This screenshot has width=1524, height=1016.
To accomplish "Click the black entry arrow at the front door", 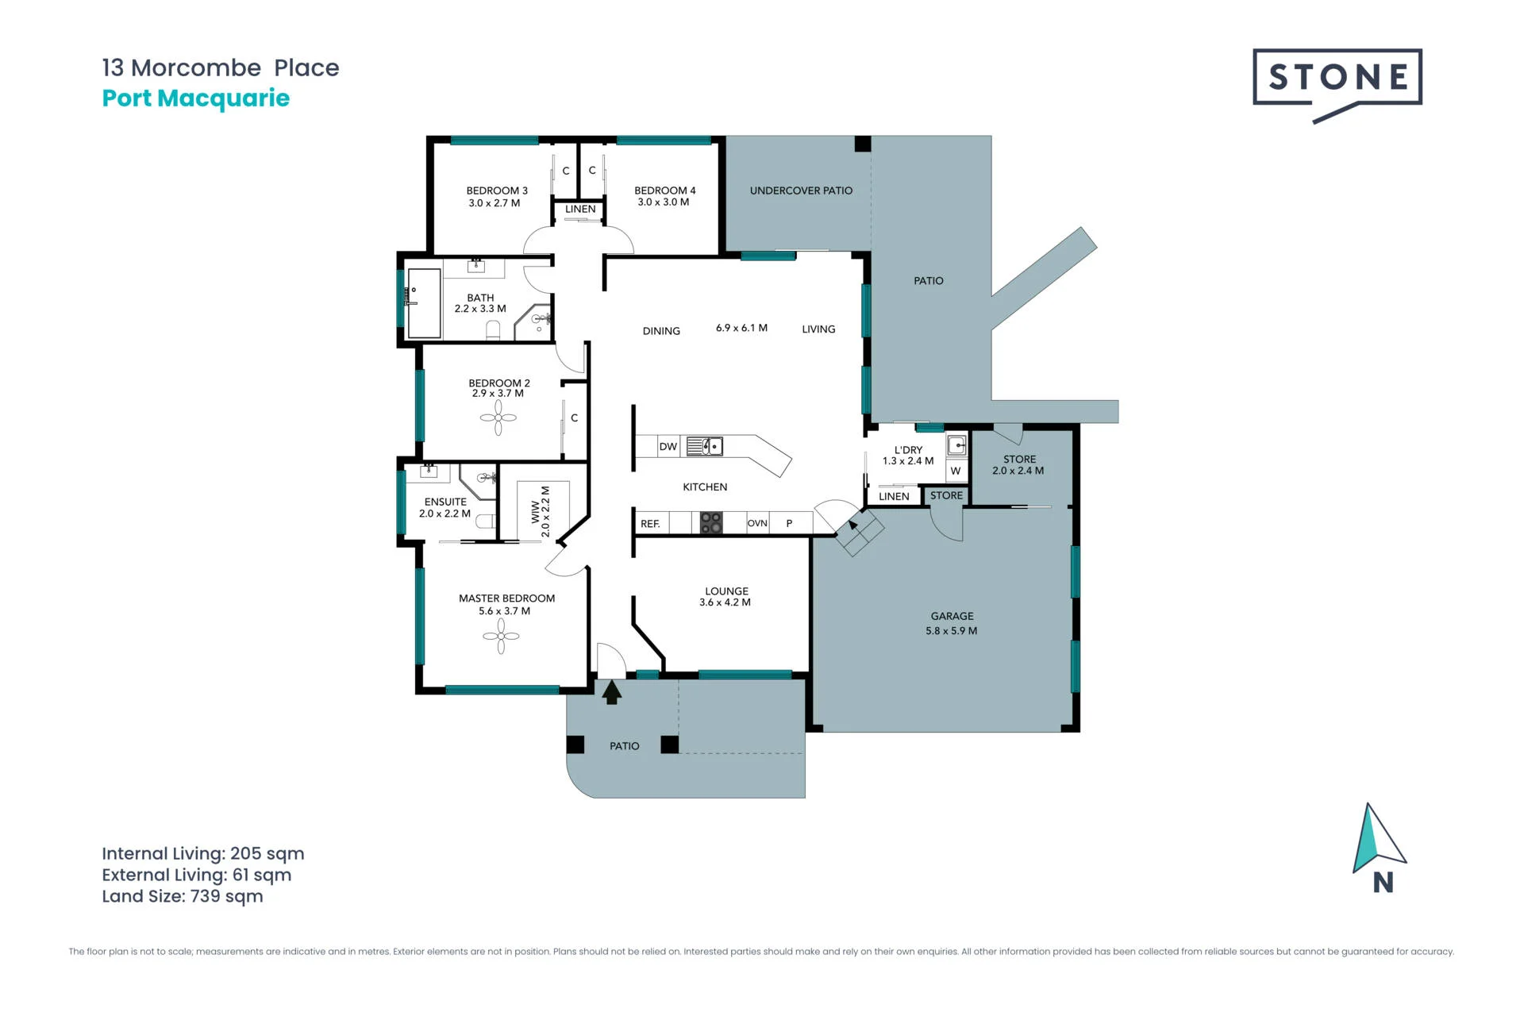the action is click(611, 692).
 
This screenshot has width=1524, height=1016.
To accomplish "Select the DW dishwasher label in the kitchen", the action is click(668, 447).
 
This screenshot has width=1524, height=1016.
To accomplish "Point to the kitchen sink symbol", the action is click(704, 446).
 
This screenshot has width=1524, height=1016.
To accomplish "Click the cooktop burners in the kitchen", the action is click(711, 522).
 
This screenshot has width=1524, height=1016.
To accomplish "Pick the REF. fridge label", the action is click(650, 524).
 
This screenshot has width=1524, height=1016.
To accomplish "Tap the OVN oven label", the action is click(757, 523).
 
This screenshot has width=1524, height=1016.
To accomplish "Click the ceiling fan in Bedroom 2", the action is click(498, 418).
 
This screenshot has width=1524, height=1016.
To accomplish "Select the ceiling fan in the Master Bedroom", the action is click(501, 636).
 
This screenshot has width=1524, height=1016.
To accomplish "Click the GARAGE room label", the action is click(952, 616).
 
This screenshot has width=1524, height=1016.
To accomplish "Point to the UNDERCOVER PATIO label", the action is click(801, 190).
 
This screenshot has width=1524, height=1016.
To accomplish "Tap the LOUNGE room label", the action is click(726, 591).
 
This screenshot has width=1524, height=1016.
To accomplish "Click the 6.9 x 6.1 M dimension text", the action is click(741, 328).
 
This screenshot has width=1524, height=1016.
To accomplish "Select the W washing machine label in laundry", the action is click(956, 471).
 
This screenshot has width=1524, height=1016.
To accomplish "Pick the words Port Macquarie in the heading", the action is click(196, 98).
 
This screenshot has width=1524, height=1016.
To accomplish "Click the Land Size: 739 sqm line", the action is click(183, 896).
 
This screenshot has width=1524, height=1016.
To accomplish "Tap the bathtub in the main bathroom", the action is click(423, 303).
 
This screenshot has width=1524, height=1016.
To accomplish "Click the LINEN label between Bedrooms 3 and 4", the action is click(580, 210).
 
